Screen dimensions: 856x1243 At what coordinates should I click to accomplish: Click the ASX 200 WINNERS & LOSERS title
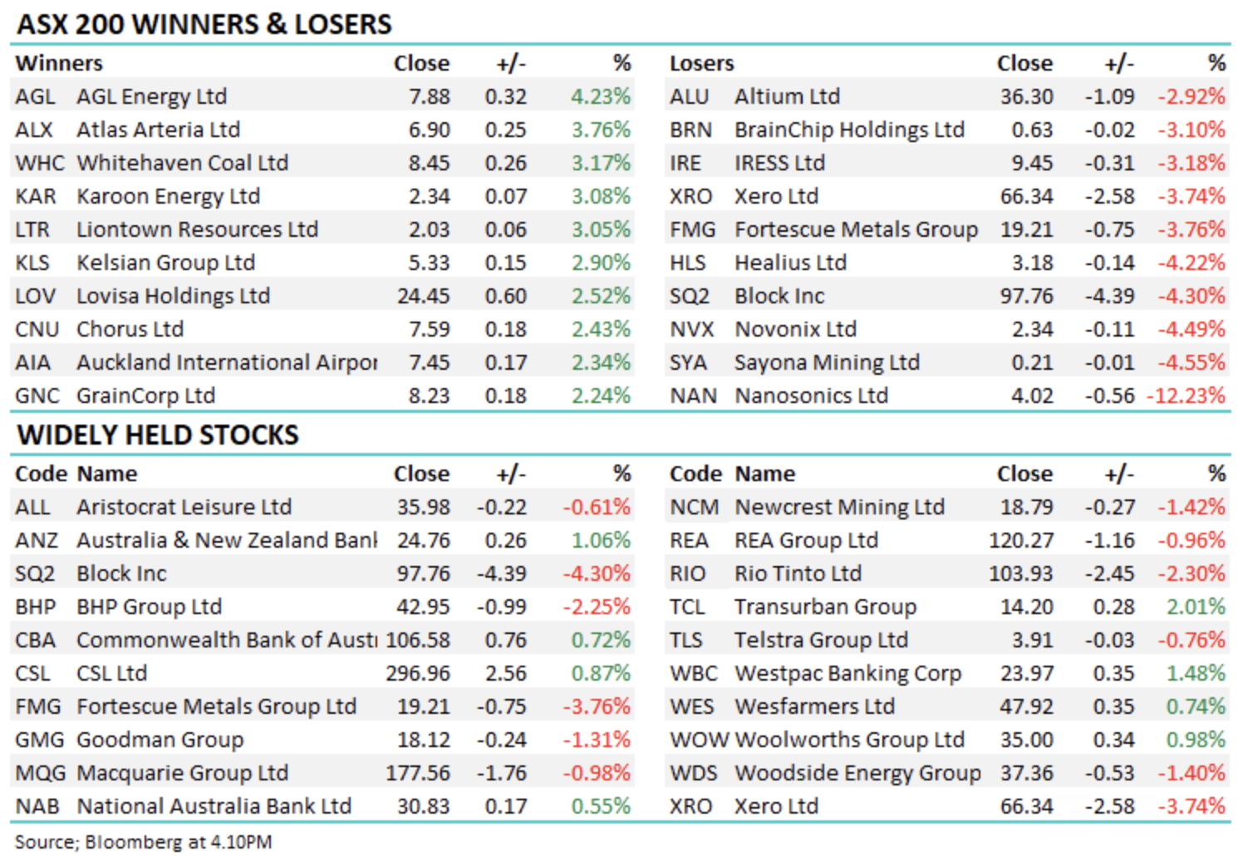tap(204, 24)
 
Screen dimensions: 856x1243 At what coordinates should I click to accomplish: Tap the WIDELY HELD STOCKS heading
tap(158, 435)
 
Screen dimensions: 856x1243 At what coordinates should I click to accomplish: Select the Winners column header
tap(59, 63)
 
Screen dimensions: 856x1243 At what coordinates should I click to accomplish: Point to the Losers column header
tap(702, 63)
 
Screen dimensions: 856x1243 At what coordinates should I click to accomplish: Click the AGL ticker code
tap(35, 96)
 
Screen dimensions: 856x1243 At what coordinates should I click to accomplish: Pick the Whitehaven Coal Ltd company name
tap(182, 163)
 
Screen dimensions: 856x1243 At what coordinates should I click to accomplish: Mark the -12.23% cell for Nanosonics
tap(1186, 396)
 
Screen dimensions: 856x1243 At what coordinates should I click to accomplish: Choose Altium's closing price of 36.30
tap(1027, 96)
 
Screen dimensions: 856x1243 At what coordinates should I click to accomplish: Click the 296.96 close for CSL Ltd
tap(418, 673)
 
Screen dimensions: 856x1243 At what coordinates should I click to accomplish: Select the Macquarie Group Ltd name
tap(182, 773)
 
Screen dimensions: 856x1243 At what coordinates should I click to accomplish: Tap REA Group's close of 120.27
tap(1021, 540)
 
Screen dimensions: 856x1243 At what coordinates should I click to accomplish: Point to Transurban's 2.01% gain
tap(1196, 607)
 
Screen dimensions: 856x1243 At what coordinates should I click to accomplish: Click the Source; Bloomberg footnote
tap(143, 842)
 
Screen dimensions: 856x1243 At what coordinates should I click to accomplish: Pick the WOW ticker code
tap(699, 740)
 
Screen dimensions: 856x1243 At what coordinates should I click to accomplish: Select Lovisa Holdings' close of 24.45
tap(424, 296)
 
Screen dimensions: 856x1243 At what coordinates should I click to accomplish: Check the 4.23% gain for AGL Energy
tap(601, 96)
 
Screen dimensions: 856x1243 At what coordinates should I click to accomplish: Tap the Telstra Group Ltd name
tap(821, 640)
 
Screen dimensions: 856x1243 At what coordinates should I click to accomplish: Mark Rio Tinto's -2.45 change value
tap(1109, 573)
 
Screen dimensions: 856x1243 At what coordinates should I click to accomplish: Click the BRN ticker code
tap(691, 130)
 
